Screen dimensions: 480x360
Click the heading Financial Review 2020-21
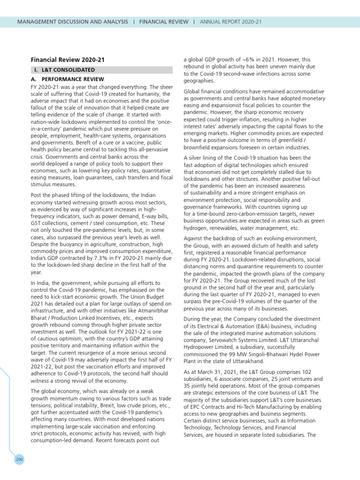[x=67, y=60]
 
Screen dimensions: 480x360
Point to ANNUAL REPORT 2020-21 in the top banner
[x=231, y=22]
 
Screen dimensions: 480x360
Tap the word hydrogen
[x=197, y=228]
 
